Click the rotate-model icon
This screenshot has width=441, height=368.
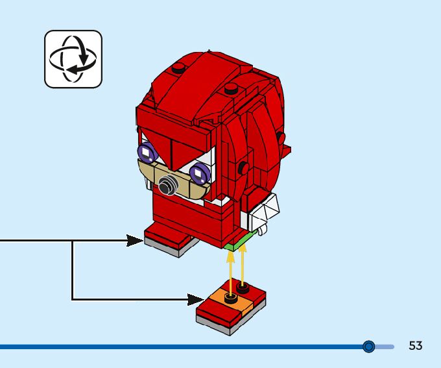click(x=73, y=59)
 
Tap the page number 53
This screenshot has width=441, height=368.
click(x=415, y=346)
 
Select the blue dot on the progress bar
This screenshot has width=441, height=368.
click(x=369, y=347)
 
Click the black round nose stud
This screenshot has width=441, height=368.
click(x=168, y=186)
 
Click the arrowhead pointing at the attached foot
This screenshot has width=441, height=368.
click(x=136, y=241)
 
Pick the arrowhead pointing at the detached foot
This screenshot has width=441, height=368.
click(x=195, y=299)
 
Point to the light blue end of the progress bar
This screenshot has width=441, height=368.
click(x=387, y=347)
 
